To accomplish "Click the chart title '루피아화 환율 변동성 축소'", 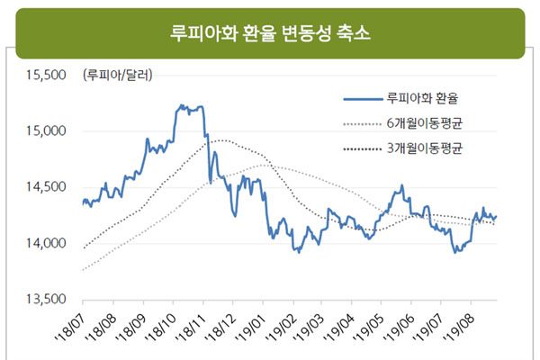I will [270, 33].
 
